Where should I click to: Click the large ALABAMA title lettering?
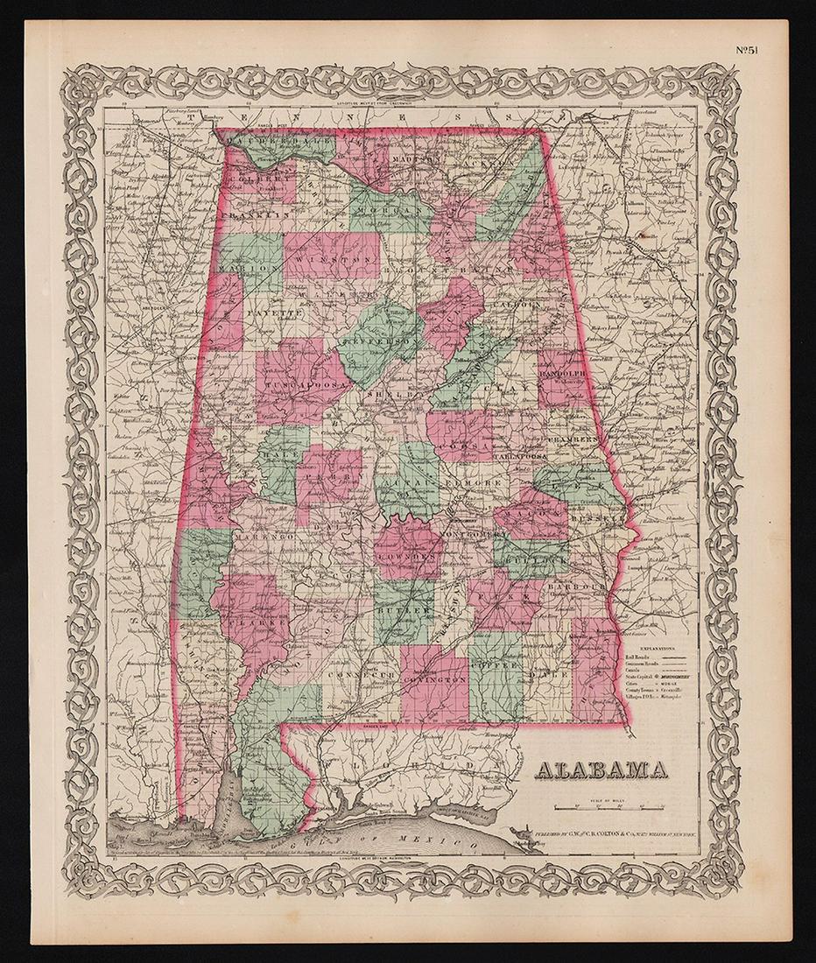(x=601, y=770)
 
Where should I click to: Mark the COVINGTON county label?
(x=435, y=679)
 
